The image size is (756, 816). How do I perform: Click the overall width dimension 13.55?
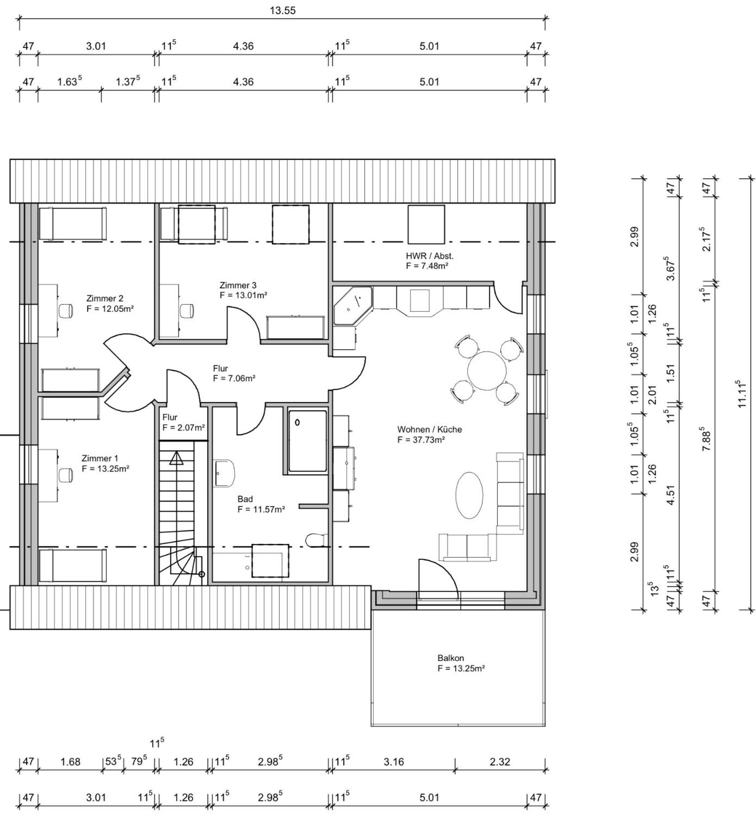[x=283, y=10]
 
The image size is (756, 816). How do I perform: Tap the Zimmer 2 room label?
[x=105, y=298]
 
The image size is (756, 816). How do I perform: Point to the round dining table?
[x=487, y=370]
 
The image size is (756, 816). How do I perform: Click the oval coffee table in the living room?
[x=469, y=495]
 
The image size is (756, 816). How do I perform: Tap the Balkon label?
[x=451, y=658]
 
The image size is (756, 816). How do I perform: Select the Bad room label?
[x=245, y=499]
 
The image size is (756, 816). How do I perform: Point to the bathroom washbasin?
[x=224, y=473]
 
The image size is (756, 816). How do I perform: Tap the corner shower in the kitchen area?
[x=353, y=305]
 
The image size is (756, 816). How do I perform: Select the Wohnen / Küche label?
[x=429, y=429]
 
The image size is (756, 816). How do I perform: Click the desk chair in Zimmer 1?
[x=65, y=474]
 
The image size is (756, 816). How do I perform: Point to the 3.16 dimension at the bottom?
[x=393, y=762]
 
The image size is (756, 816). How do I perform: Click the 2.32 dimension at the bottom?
[x=500, y=762]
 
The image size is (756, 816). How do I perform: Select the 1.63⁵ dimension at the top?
[x=70, y=81]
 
